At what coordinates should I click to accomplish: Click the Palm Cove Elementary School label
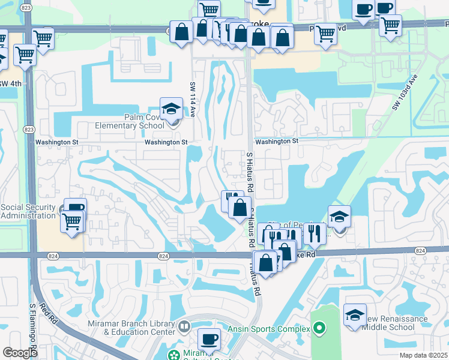[130, 121]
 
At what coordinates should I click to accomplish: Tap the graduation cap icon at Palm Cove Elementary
[171, 109]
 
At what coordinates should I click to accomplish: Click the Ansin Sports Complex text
[268, 329]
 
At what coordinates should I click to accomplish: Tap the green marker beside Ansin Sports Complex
[319, 329]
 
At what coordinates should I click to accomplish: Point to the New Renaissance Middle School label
[390, 323]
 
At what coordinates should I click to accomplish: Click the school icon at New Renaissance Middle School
[355, 314]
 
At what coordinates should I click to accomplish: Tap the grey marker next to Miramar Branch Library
[184, 328]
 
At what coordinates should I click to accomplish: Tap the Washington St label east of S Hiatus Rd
[277, 141]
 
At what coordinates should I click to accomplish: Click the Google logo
[20, 353]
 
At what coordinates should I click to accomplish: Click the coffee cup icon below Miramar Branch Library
[209, 339]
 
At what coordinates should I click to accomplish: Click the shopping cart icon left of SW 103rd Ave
[325, 34]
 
